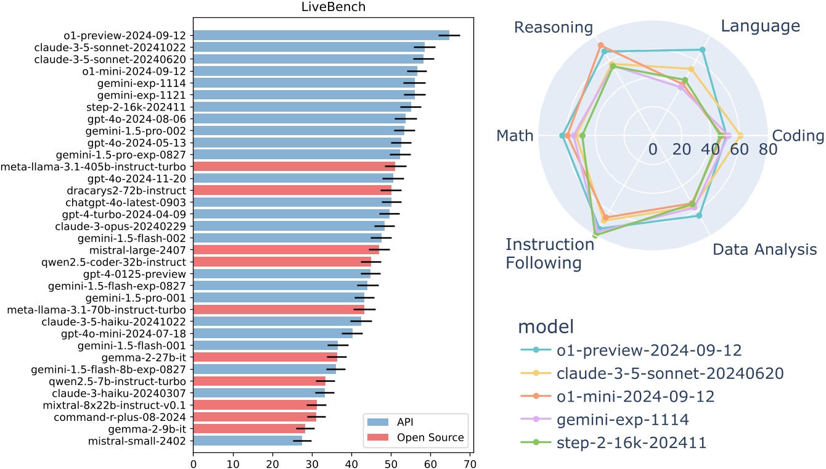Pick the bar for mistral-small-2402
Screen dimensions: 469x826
coord(247,441)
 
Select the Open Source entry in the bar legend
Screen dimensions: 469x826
coord(430,438)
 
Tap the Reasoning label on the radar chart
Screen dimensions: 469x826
coord(553,27)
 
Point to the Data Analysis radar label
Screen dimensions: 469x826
coord(764,250)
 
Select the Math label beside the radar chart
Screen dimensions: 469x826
coord(515,136)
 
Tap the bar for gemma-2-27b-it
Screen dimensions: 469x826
coord(265,357)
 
